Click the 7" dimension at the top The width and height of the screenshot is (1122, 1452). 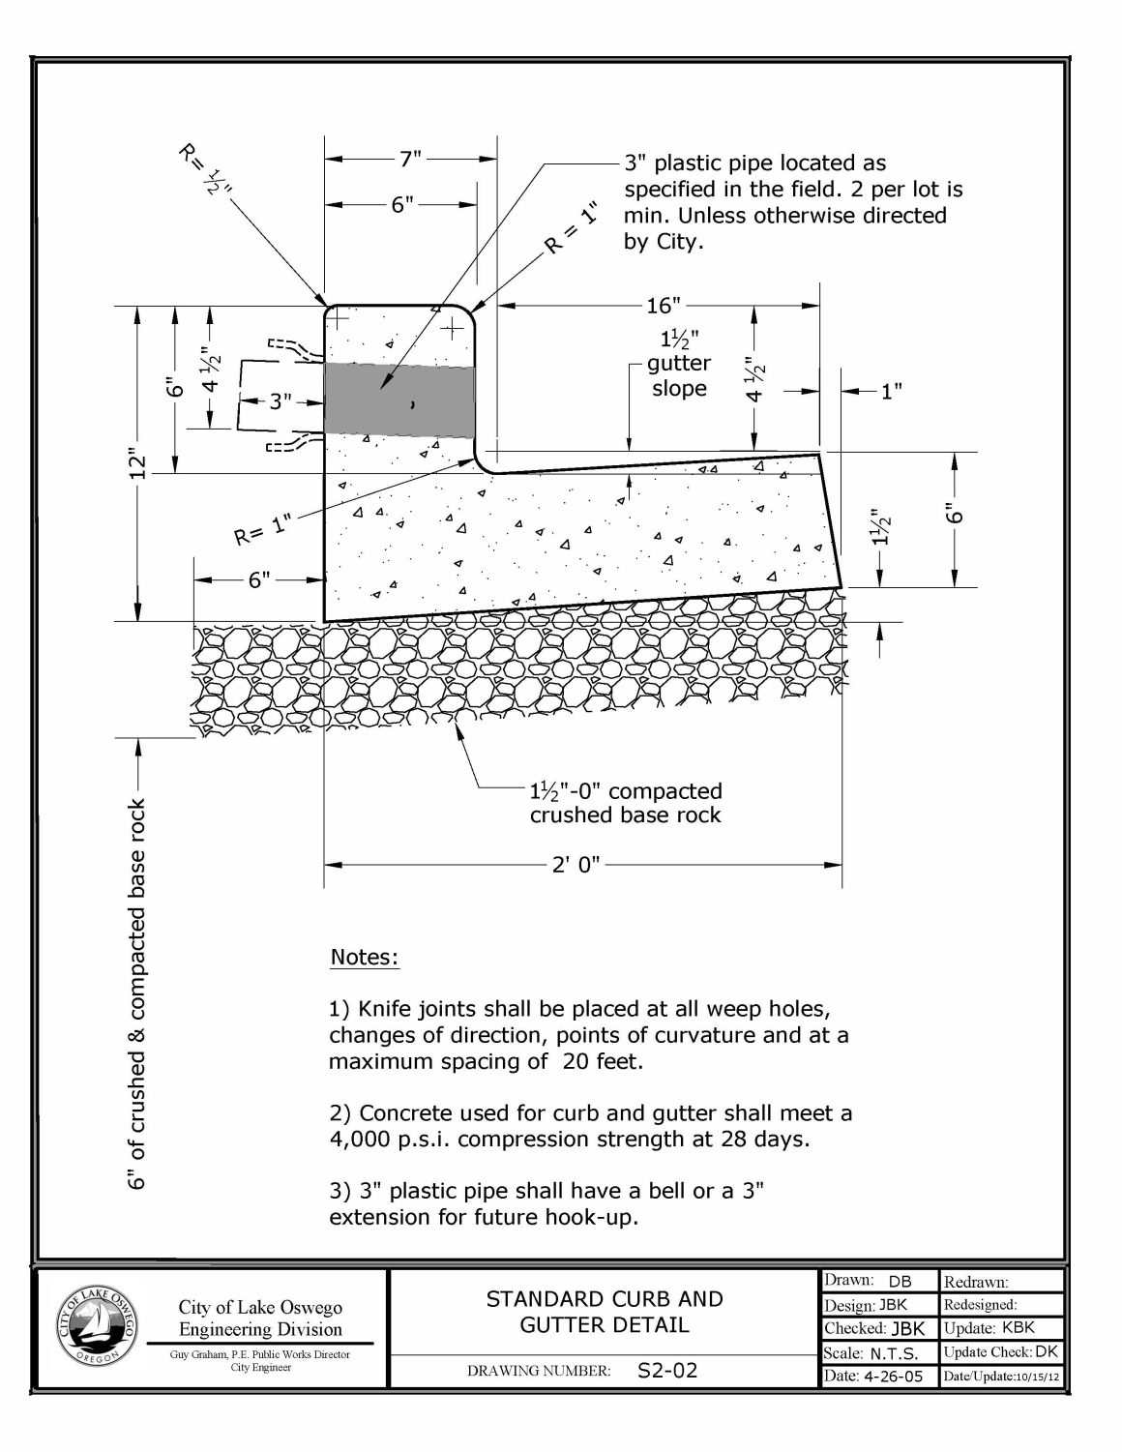click(411, 159)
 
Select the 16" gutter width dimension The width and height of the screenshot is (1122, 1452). click(663, 306)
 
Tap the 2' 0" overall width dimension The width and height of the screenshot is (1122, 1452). click(576, 865)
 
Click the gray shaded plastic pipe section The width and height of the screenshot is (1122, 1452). click(399, 400)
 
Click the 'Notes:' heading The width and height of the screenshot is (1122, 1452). click(365, 957)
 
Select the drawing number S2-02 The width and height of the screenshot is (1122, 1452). click(667, 1371)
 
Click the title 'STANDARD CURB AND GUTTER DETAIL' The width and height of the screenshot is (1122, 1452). click(605, 1312)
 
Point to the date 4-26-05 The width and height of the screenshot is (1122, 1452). click(893, 1376)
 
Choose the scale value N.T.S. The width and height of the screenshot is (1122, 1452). click(895, 1353)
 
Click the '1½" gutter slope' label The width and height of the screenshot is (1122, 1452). click(679, 364)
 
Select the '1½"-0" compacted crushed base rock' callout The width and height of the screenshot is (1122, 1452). click(626, 803)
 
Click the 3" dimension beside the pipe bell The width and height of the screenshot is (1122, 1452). click(280, 401)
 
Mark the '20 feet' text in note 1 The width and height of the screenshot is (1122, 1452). click(602, 1061)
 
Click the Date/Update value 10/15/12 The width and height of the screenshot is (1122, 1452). click(1037, 1378)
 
